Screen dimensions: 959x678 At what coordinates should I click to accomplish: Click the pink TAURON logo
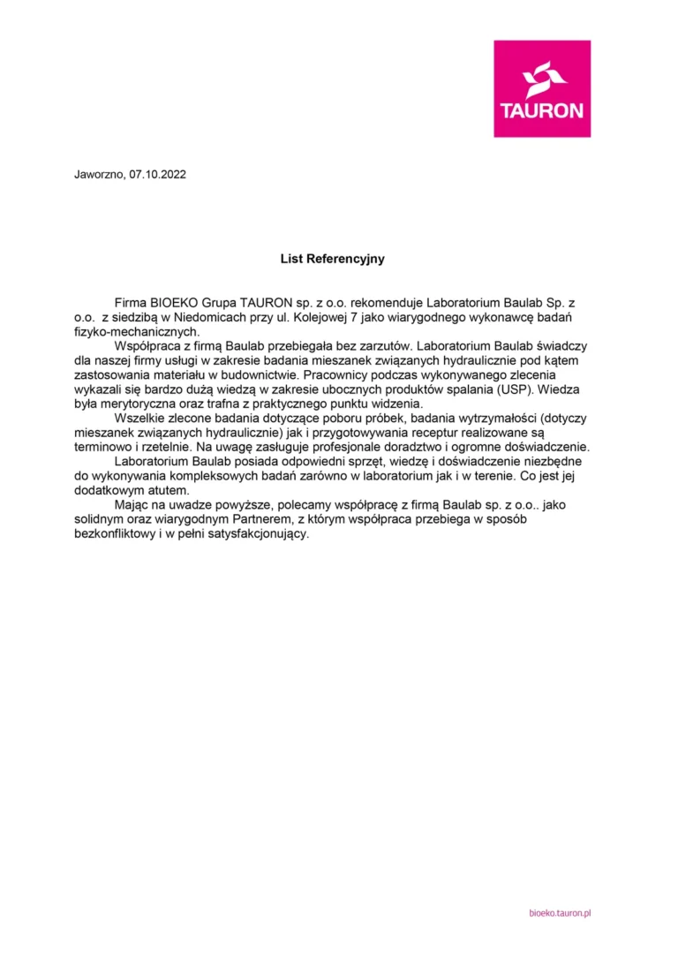(x=542, y=88)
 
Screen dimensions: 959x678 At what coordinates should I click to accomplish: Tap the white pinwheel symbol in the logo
(x=542, y=79)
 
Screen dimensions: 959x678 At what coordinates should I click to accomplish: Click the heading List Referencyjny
(x=332, y=259)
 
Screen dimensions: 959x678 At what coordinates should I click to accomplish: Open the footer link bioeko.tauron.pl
(x=559, y=911)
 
